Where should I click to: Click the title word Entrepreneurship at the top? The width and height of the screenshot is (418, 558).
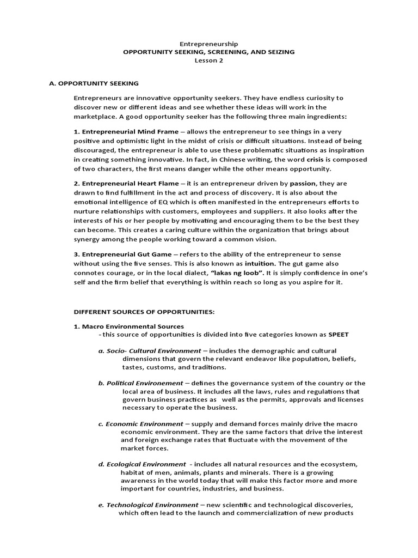click(209, 44)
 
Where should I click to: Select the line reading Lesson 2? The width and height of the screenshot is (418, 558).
click(209, 60)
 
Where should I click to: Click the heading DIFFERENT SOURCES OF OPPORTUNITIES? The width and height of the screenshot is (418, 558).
click(144, 312)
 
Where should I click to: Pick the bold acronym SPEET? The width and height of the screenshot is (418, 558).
click(338, 334)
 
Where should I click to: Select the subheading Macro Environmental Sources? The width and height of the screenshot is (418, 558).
click(130, 326)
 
